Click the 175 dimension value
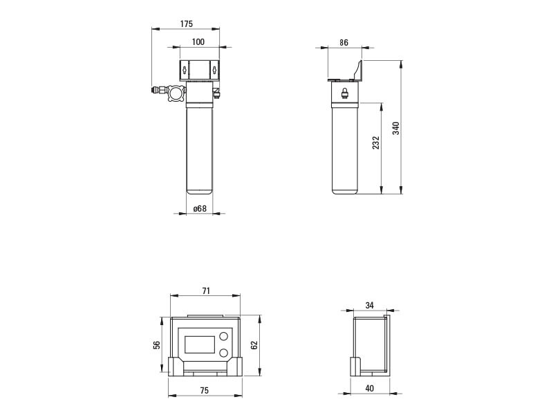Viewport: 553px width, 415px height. (187, 24)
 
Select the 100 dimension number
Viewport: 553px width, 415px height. (198, 42)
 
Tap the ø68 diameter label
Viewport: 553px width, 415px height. (200, 209)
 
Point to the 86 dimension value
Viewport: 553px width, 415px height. (344, 43)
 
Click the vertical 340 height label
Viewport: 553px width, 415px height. (396, 128)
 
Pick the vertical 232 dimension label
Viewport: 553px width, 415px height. (376, 142)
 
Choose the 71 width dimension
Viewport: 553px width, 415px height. (206, 290)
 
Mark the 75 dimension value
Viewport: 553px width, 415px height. (204, 390)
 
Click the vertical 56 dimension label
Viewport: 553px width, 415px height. (157, 344)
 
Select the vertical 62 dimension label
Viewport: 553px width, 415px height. (254, 344)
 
